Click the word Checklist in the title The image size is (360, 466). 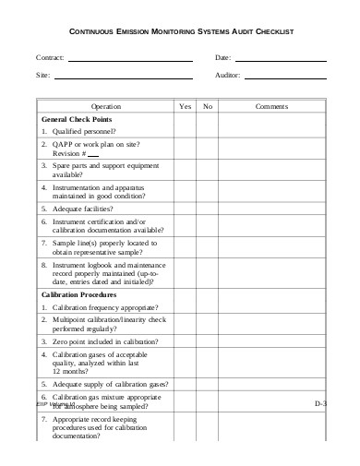pyautogui.click(x=270, y=31)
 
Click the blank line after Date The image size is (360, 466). pyautogui.click(x=281, y=60)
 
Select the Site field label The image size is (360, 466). pyautogui.click(x=42, y=75)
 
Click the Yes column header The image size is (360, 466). pyautogui.click(x=185, y=106)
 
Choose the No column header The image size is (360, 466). pyautogui.click(x=208, y=106)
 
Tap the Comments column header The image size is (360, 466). pyautogui.click(x=272, y=106)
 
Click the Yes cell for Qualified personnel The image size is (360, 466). pyautogui.click(x=185, y=133)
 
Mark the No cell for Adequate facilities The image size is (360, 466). pyautogui.click(x=208, y=209)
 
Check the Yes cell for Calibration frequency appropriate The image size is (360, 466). pyautogui.click(x=185, y=306)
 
